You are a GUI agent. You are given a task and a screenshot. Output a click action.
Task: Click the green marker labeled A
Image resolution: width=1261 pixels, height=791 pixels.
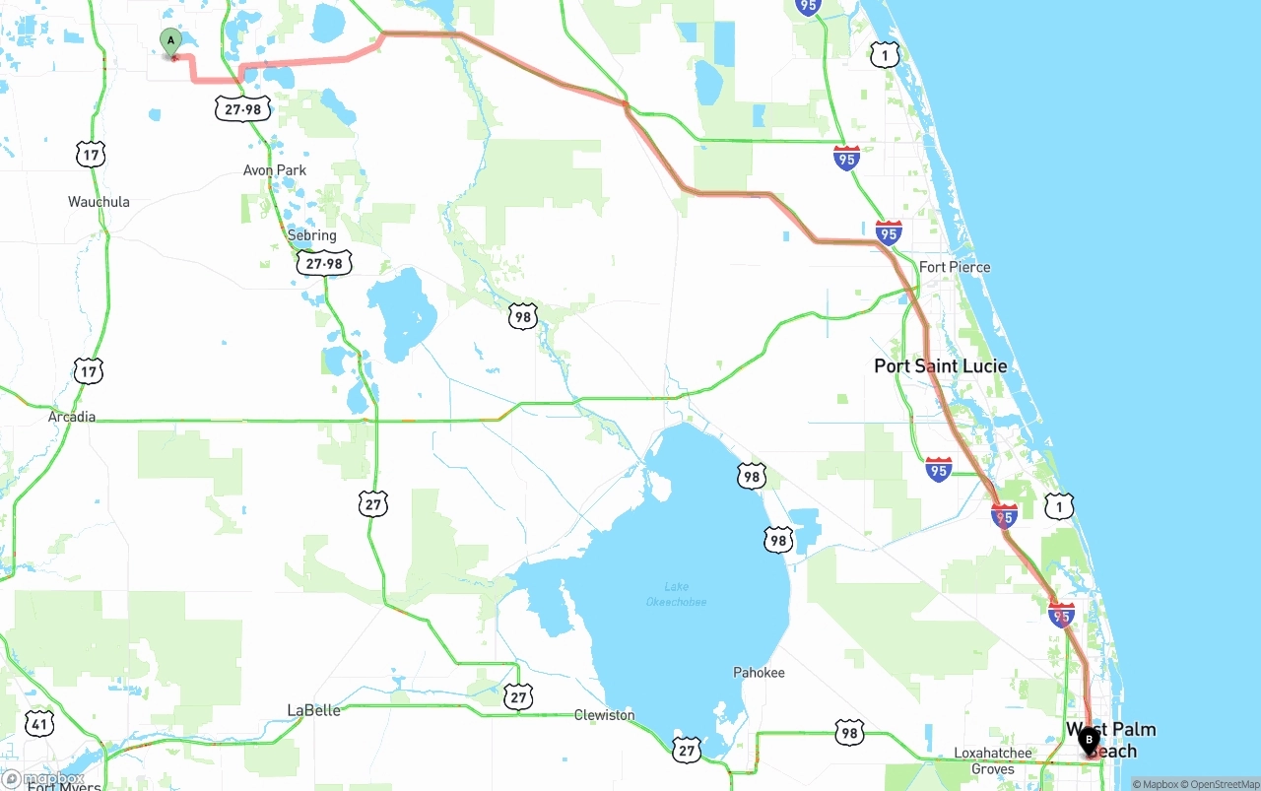coord(171,42)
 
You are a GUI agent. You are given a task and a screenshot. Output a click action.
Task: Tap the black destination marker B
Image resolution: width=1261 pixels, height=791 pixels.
coord(1089,740)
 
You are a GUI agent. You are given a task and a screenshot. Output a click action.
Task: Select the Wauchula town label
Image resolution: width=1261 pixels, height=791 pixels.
coord(99,202)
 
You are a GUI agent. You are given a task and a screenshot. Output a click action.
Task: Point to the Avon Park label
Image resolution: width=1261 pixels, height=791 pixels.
coord(275,170)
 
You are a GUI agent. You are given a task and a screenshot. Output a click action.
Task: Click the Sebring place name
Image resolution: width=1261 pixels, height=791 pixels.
coord(311,235)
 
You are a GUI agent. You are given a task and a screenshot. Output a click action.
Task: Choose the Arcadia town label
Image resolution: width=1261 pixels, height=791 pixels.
coord(72,417)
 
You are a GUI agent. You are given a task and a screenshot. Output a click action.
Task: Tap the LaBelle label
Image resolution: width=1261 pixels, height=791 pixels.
coord(313,710)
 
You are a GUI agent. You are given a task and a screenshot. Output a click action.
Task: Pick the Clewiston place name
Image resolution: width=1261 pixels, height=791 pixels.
coord(605,715)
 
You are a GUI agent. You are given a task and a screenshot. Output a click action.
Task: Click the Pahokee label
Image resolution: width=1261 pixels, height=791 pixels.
coord(759,673)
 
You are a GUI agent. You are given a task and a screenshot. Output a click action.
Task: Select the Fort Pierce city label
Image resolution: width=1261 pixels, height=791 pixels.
coord(955,267)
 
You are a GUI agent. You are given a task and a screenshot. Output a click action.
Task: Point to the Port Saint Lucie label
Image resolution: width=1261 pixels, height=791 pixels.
coord(941,366)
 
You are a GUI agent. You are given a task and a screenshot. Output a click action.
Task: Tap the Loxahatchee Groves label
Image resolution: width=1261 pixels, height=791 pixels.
coord(993,760)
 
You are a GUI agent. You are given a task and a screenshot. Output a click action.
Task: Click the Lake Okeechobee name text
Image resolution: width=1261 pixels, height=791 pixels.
coord(677,594)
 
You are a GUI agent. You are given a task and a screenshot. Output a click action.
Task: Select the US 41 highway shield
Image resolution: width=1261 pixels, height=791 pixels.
coord(40,725)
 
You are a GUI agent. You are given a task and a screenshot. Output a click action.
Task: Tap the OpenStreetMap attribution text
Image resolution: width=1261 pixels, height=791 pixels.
coord(1223,784)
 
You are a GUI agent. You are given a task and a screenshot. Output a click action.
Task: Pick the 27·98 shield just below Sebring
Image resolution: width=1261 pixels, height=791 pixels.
coord(324,263)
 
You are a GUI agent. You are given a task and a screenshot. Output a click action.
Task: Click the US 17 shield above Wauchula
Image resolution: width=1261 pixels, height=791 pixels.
coord(90,154)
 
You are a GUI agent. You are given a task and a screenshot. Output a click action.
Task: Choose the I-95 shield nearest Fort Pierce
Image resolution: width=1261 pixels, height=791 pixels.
coord(889,233)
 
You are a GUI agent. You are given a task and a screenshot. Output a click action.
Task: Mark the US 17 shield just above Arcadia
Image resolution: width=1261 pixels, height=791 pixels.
coord(89,371)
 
